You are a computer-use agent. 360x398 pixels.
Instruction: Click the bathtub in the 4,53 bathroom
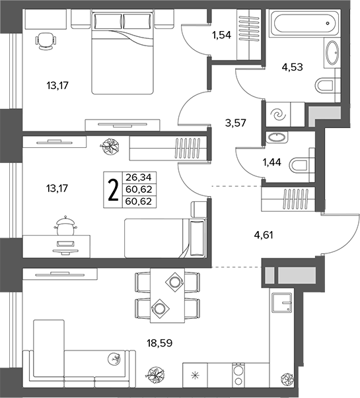[x=305, y=23]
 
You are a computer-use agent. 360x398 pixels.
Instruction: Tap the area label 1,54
[x=222, y=35]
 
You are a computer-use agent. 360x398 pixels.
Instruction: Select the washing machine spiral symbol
[x=278, y=114]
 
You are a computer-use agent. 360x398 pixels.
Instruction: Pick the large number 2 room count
[x=113, y=189]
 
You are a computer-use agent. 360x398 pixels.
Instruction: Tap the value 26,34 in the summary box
[x=139, y=177]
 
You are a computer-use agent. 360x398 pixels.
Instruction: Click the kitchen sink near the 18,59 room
[x=282, y=302]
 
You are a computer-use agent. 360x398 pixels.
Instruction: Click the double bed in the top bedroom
[x=123, y=52]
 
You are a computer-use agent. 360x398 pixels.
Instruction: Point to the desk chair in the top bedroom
[x=46, y=42]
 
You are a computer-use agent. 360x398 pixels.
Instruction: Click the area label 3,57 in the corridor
[x=236, y=123]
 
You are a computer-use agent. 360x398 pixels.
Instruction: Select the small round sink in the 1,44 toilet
[x=276, y=137]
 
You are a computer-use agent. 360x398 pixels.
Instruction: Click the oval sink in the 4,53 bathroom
[x=332, y=53]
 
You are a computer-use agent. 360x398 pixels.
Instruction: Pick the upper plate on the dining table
[x=175, y=282]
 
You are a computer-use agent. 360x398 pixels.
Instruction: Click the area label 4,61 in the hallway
[x=264, y=235]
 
